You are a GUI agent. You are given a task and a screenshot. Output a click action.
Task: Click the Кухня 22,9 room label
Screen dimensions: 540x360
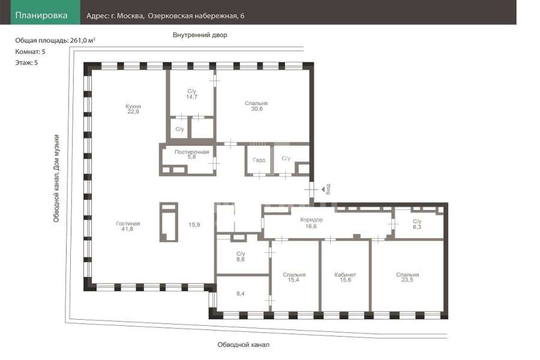point(133,109)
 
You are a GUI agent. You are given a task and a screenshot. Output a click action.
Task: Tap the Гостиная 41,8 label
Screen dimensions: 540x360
point(128,226)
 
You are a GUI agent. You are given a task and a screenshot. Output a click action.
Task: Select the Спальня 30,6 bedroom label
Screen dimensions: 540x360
point(256,106)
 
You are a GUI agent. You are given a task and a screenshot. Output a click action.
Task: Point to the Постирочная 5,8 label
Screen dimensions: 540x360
point(192,154)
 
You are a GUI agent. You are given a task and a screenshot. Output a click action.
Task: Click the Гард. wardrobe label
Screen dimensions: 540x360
point(259,160)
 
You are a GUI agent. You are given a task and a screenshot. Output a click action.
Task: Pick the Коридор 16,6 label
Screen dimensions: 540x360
point(311,223)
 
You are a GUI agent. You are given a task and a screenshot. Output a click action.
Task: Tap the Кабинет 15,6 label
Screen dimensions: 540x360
point(345,277)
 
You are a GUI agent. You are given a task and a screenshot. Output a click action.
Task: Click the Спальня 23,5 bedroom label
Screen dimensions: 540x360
point(407,277)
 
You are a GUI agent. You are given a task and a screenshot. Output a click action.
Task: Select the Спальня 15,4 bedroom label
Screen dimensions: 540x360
point(294,277)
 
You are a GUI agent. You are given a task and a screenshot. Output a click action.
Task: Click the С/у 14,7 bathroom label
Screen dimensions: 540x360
point(192,94)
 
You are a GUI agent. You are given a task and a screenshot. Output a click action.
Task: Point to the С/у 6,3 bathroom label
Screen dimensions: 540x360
point(417,224)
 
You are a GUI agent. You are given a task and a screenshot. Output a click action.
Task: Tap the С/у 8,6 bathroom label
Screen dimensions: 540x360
point(241,257)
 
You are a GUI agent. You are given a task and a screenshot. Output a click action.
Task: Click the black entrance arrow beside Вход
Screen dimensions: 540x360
point(323,189)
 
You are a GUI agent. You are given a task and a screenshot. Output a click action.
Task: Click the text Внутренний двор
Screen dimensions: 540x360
point(200,35)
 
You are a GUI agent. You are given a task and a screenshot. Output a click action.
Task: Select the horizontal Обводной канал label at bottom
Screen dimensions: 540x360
point(243,344)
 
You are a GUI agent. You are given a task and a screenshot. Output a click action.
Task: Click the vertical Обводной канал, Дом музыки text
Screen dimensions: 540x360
point(56,178)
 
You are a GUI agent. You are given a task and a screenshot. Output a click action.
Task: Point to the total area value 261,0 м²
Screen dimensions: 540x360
point(83,40)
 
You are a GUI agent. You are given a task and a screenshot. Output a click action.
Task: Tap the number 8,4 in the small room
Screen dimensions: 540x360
point(241,294)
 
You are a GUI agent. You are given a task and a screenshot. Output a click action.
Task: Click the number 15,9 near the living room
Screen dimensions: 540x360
point(194,225)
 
